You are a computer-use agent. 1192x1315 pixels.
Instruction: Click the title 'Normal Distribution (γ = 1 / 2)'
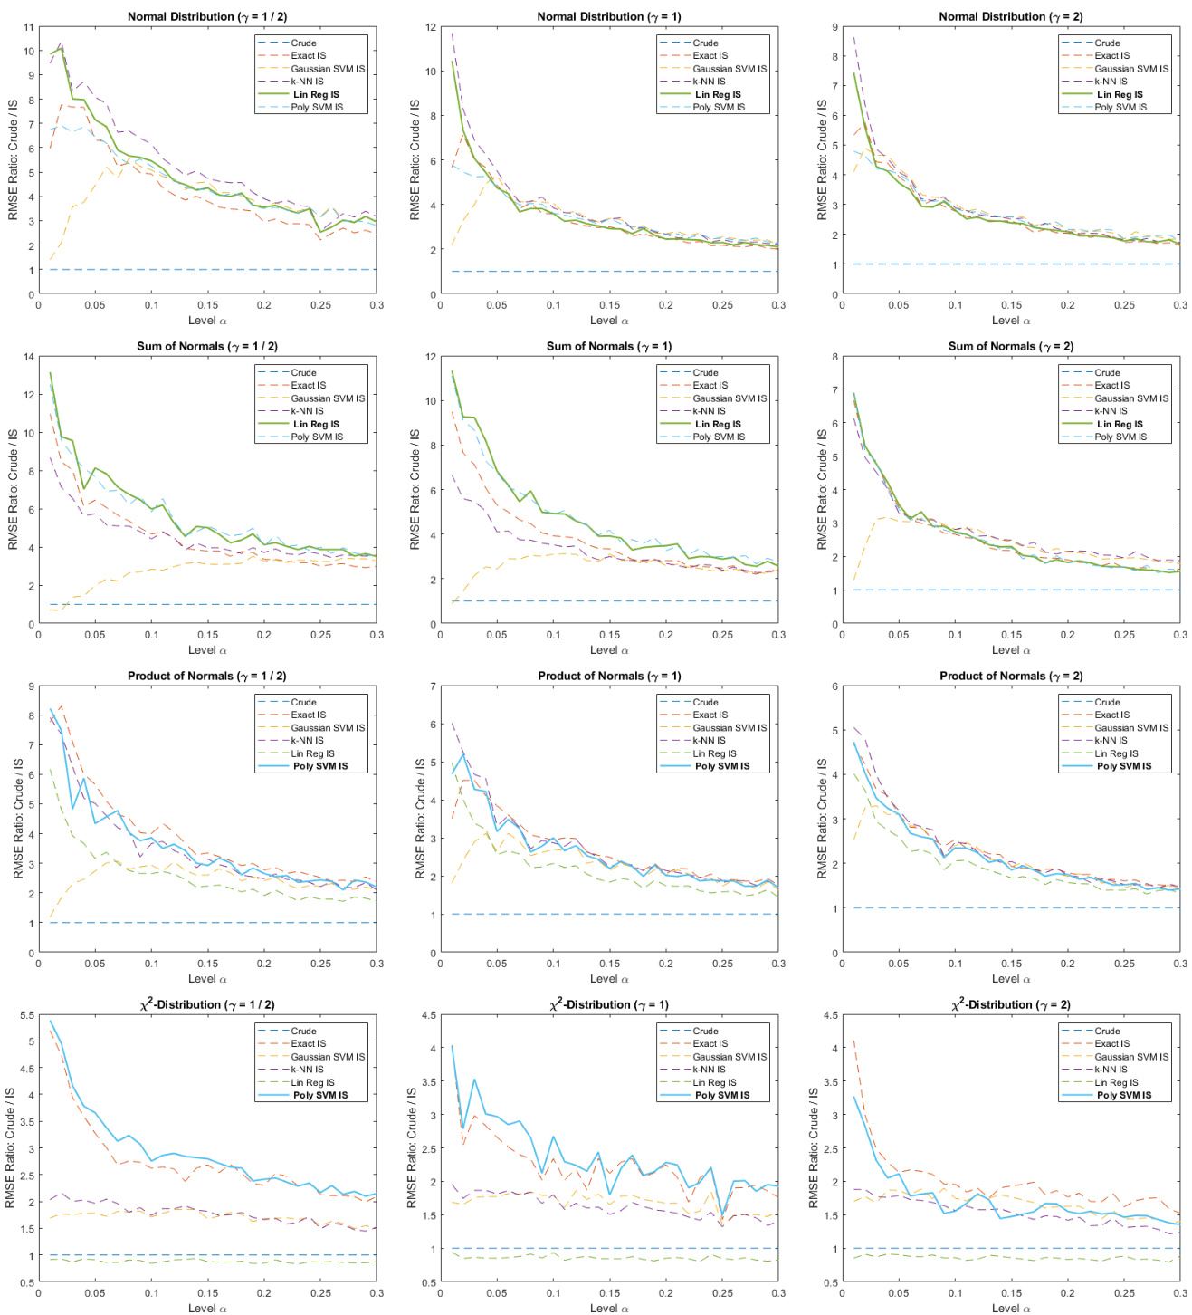207,16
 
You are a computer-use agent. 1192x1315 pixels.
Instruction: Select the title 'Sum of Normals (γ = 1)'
608,346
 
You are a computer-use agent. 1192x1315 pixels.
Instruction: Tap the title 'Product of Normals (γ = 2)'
1010,676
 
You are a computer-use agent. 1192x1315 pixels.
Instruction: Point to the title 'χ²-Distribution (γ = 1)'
608,1004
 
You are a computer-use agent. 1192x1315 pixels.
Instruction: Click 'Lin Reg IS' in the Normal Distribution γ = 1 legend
718,94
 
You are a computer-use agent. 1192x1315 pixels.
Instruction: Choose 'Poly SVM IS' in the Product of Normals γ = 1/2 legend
319,766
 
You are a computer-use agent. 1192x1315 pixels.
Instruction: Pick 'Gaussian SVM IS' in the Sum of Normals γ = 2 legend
1131,398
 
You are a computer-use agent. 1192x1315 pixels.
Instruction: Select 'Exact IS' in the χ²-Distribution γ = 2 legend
1112,1044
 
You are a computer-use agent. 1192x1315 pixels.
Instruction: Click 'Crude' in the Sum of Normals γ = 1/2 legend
303,373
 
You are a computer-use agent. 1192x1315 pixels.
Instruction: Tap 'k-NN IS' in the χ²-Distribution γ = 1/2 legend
307,1070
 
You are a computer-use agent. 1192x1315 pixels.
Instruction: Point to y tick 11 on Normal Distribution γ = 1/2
29,27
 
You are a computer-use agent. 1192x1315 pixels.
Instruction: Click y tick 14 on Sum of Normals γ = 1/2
29,357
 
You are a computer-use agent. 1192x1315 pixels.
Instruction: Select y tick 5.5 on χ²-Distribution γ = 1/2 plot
27,1015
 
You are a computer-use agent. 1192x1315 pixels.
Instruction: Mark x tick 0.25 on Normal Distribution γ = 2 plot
1124,305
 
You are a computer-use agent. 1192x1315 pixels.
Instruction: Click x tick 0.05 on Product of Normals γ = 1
497,964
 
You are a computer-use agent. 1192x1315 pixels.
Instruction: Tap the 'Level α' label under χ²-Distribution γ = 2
1010,1308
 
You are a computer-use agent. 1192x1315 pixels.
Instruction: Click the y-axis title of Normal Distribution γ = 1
415,160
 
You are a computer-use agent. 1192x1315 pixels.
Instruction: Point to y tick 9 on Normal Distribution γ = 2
834,27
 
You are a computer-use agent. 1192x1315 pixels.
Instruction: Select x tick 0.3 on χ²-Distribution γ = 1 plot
778,1293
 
